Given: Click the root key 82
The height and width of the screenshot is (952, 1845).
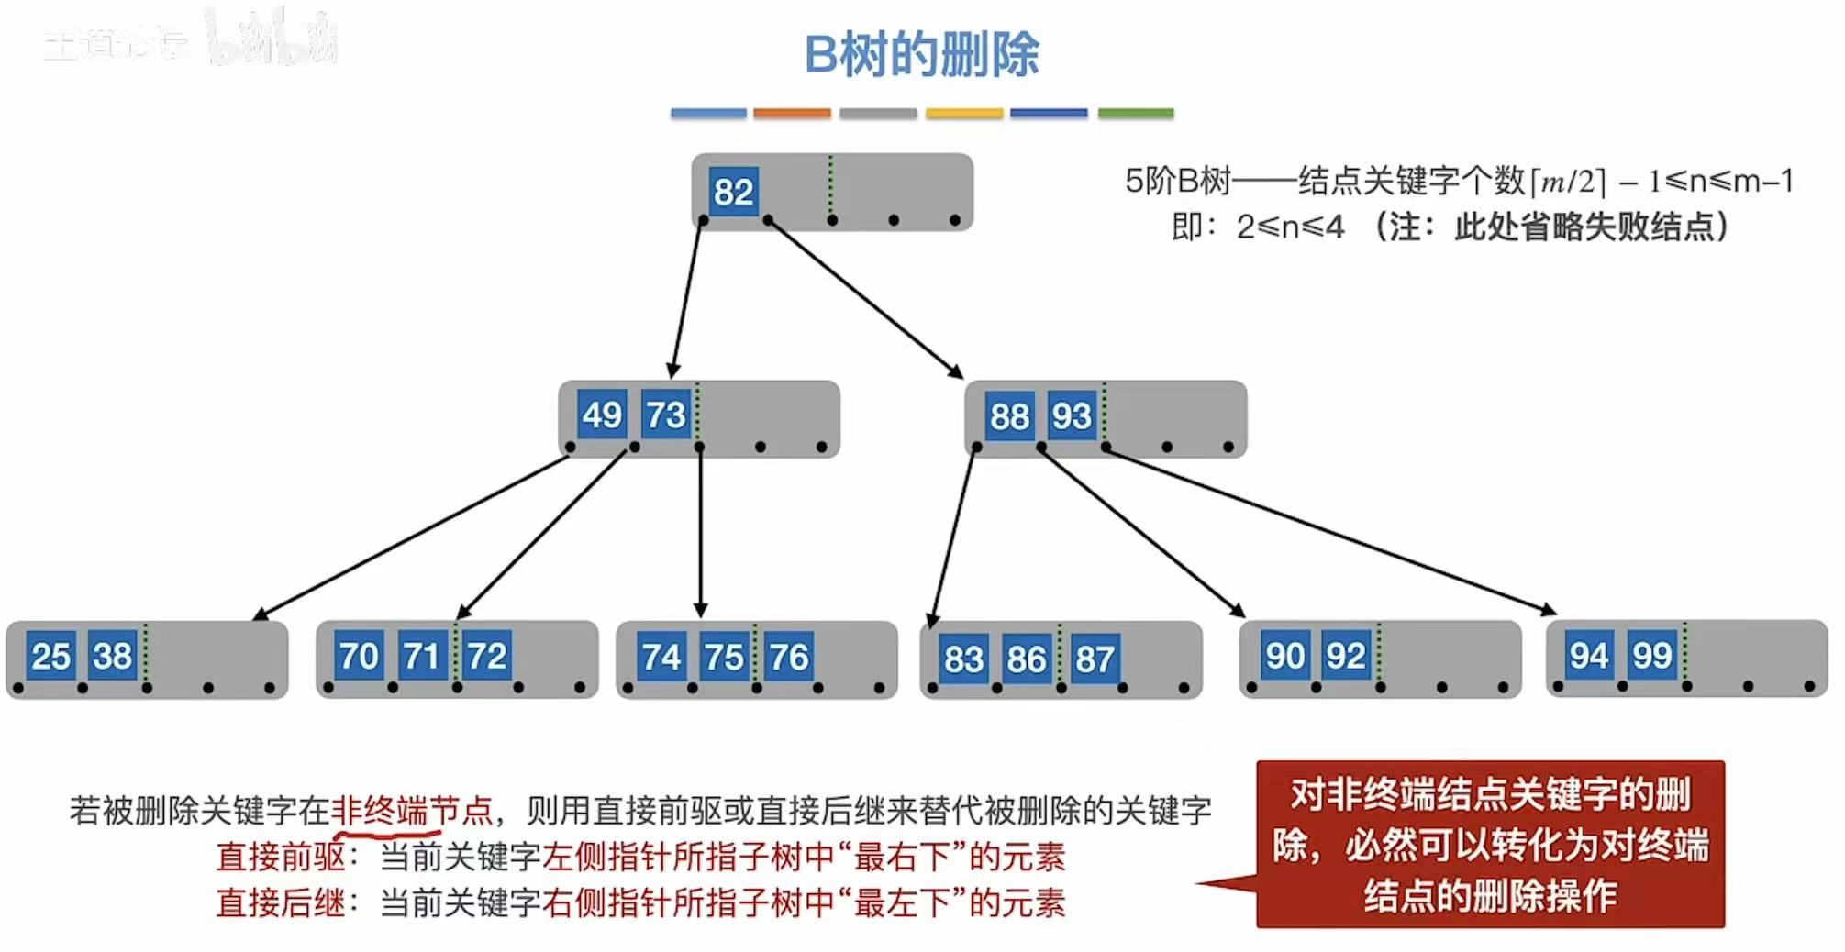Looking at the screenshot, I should [733, 193].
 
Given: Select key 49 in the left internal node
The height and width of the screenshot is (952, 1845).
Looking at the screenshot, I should [602, 415].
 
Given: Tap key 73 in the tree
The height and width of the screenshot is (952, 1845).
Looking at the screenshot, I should [665, 415].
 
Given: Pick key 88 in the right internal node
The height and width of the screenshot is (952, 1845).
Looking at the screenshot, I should [1009, 416].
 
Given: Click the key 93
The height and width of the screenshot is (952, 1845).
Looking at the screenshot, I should [1072, 416].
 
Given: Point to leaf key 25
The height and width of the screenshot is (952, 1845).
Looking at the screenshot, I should [50, 656].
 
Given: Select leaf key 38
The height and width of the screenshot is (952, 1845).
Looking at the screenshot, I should [113, 656].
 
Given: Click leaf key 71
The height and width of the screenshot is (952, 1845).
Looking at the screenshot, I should [421, 656].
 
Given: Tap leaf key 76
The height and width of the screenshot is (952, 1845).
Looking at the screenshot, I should [788, 657].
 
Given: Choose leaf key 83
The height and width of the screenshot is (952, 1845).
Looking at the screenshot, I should [963, 659].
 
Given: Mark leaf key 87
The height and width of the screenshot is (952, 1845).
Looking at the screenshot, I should [1094, 659].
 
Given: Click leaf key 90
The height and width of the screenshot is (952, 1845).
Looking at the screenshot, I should [1284, 655].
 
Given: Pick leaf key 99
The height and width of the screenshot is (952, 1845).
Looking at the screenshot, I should [1651, 655].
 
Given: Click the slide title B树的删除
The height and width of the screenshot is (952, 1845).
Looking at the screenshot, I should [921, 55].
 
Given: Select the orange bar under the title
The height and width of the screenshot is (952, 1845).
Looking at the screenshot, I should [792, 114].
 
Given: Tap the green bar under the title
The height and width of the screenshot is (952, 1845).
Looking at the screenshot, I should [1136, 114].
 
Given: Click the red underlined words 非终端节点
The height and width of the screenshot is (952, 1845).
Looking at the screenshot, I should [411, 811].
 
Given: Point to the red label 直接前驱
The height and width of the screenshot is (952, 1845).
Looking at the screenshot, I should [281, 857].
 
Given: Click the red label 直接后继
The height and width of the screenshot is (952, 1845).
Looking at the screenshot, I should [281, 902].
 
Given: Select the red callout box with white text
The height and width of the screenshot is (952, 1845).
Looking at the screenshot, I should [1490, 844].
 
